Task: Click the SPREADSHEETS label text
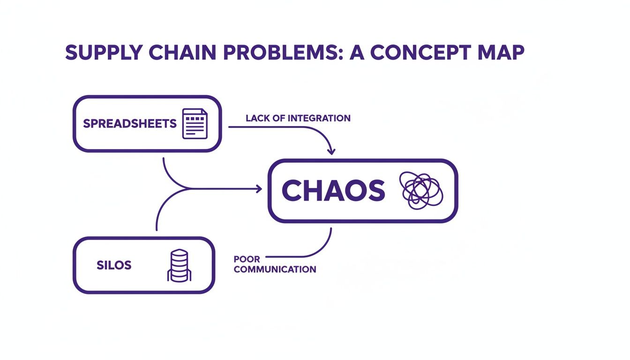pos(129,124)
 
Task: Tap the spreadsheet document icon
pos(194,124)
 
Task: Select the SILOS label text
pos(114,265)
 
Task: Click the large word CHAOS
pos(333,191)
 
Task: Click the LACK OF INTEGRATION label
pos(298,118)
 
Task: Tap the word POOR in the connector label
pos(247,259)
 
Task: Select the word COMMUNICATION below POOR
pos(275,270)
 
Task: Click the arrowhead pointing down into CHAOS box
pos(331,151)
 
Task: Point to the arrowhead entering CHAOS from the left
pos(258,189)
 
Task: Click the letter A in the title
pos(357,52)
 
